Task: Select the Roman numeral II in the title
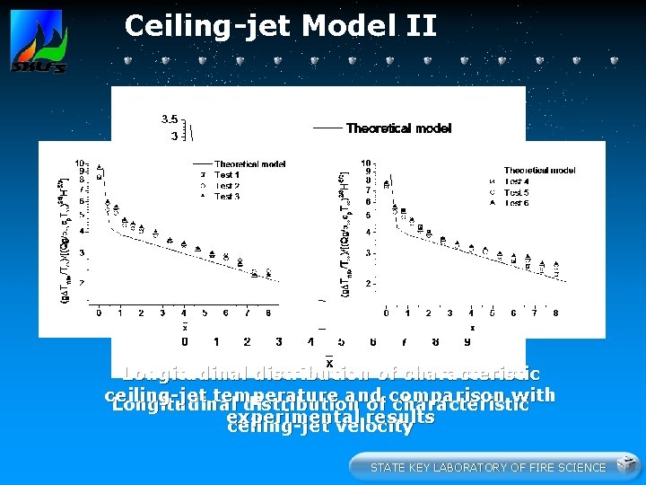418,26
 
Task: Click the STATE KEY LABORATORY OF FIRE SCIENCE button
488,467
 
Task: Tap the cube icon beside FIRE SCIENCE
627,466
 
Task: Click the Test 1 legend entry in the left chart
226,175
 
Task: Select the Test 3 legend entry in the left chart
226,196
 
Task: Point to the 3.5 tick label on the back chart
169,119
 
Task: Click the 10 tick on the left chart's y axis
79,163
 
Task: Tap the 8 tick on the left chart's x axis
269,313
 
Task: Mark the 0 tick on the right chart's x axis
386,313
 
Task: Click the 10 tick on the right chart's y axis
366,163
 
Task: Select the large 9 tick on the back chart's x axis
467,342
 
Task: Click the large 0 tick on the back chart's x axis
185,342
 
